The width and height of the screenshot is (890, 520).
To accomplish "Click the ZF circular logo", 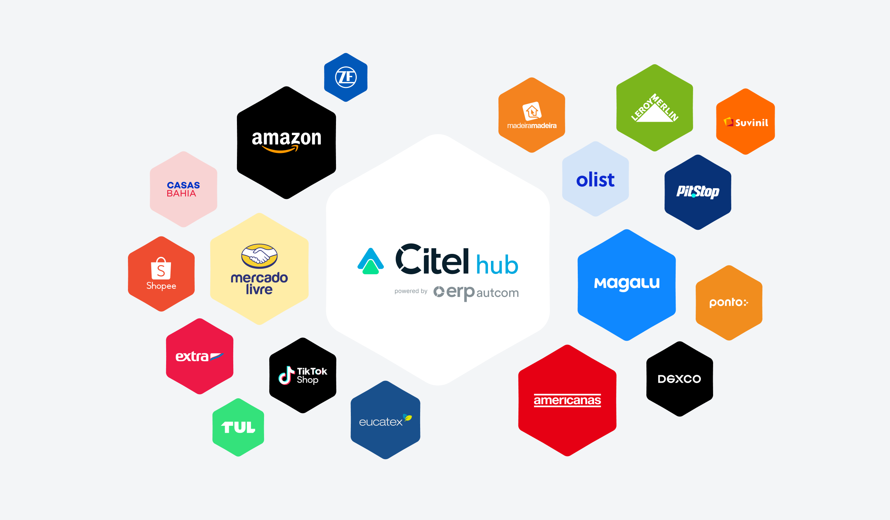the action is (x=346, y=77).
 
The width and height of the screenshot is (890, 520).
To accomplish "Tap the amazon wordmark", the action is (x=286, y=139).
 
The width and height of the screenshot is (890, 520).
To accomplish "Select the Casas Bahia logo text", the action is (x=183, y=189).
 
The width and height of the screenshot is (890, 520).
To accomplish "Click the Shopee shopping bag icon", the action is (x=161, y=268).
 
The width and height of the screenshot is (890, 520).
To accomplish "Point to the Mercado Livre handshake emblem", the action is (x=259, y=256).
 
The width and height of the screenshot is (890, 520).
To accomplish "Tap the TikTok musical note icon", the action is (x=286, y=375).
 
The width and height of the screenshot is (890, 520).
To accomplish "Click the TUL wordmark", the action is (x=238, y=427).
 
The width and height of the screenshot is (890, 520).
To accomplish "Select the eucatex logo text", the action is (x=381, y=422).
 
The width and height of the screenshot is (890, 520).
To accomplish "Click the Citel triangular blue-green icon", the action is (x=370, y=261).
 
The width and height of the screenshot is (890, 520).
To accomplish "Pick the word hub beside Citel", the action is (x=497, y=265).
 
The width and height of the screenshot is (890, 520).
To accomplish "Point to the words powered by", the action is (x=411, y=291).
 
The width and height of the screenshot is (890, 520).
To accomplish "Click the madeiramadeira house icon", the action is (x=532, y=111).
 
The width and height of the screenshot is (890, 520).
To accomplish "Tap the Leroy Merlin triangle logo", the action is (x=655, y=108).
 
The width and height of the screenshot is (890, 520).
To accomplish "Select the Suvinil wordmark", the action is (x=751, y=122).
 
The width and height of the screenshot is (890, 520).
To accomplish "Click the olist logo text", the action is (x=595, y=180).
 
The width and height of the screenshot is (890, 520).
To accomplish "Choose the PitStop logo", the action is (x=698, y=192).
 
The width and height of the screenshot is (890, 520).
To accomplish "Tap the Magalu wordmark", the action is (x=627, y=283).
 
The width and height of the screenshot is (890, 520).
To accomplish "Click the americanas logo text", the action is (x=567, y=400).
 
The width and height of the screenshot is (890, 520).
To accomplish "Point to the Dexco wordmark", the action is (x=679, y=379).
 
